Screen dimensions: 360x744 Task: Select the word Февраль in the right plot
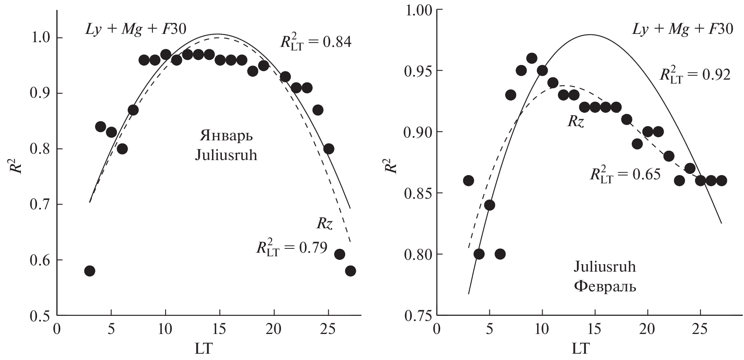coord(604,285)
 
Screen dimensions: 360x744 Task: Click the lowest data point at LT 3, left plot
coord(89,271)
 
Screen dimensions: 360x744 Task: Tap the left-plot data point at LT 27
coord(350,271)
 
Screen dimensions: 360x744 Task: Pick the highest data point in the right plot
coord(532,58)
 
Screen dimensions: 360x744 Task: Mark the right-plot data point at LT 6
coord(500,254)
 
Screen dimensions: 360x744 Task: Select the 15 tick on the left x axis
coord(219,328)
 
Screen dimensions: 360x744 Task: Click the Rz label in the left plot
coord(325,224)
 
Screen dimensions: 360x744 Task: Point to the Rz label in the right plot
coord(575,121)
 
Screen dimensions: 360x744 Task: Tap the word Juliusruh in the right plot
coord(604,267)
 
